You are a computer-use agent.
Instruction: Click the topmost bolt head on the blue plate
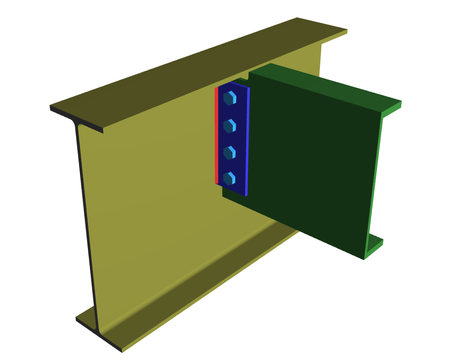(x=230, y=98)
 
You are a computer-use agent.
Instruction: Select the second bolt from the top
(x=229, y=125)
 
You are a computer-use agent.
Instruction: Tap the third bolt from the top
(x=229, y=152)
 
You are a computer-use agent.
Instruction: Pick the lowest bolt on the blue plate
(x=229, y=178)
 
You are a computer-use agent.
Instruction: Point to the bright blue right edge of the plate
(x=247, y=141)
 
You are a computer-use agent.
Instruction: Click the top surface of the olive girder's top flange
(x=198, y=66)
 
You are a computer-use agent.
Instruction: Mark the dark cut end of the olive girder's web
(x=87, y=221)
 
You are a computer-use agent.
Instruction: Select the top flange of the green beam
(x=325, y=85)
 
